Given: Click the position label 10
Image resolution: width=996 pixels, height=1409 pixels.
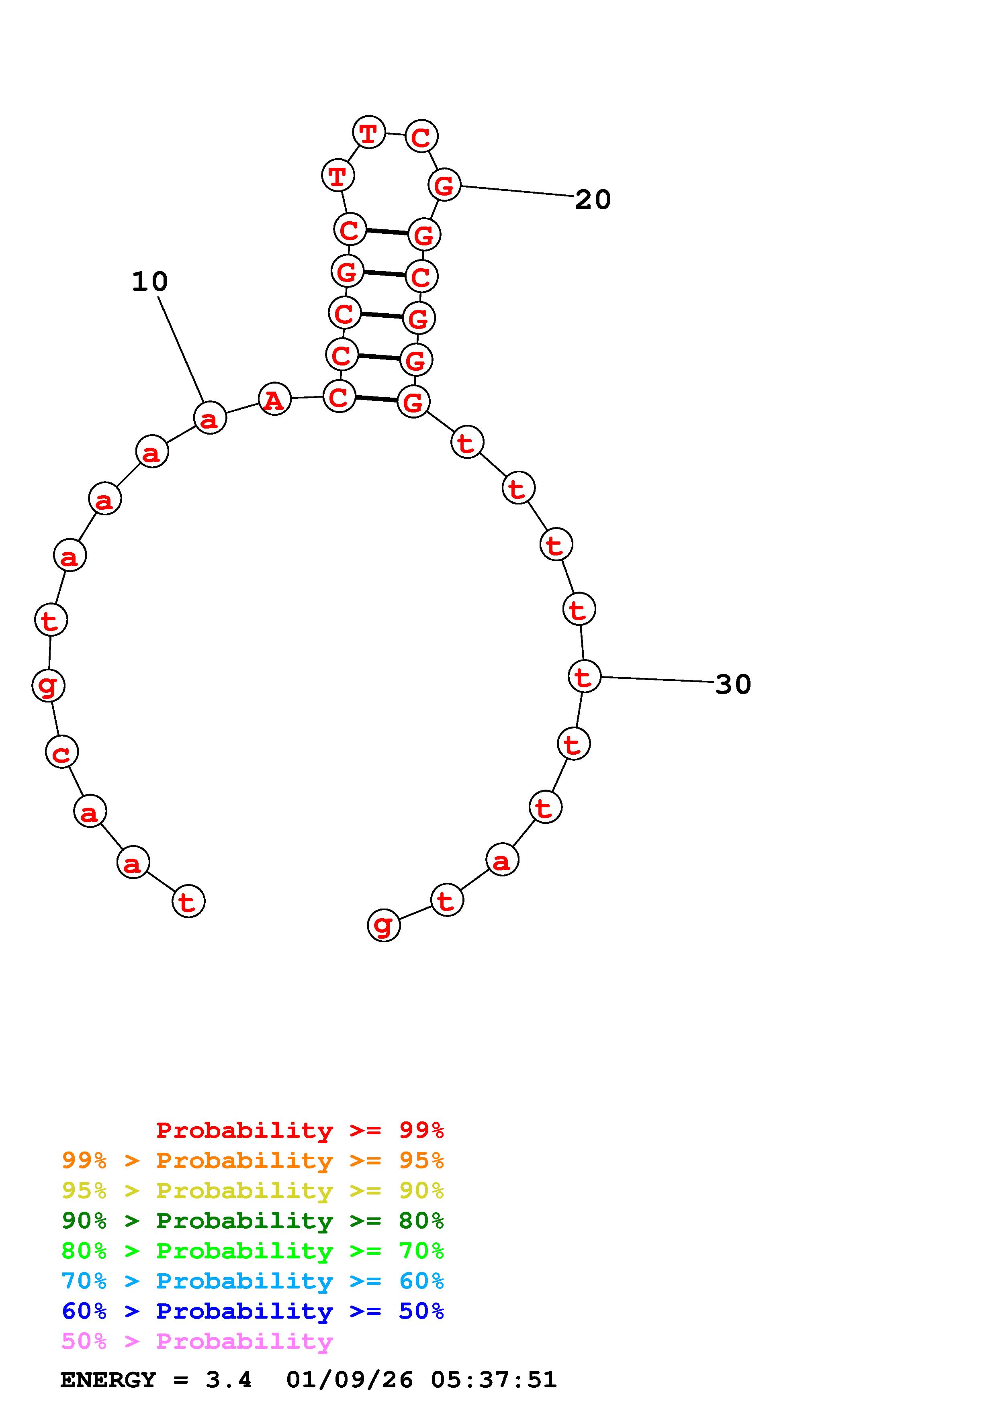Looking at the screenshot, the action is click(150, 282).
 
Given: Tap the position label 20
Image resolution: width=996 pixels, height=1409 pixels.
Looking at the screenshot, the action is click(593, 200).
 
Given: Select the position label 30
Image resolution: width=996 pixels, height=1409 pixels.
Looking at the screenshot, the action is click(733, 684).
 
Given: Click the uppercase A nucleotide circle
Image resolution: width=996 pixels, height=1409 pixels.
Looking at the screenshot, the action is click(274, 400).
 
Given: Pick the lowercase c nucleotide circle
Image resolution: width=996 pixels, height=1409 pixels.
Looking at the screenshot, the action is click(62, 752).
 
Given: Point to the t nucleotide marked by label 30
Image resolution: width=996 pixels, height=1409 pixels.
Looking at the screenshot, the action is click(584, 676).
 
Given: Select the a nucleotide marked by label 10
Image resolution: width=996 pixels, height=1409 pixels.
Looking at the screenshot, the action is click(210, 418).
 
